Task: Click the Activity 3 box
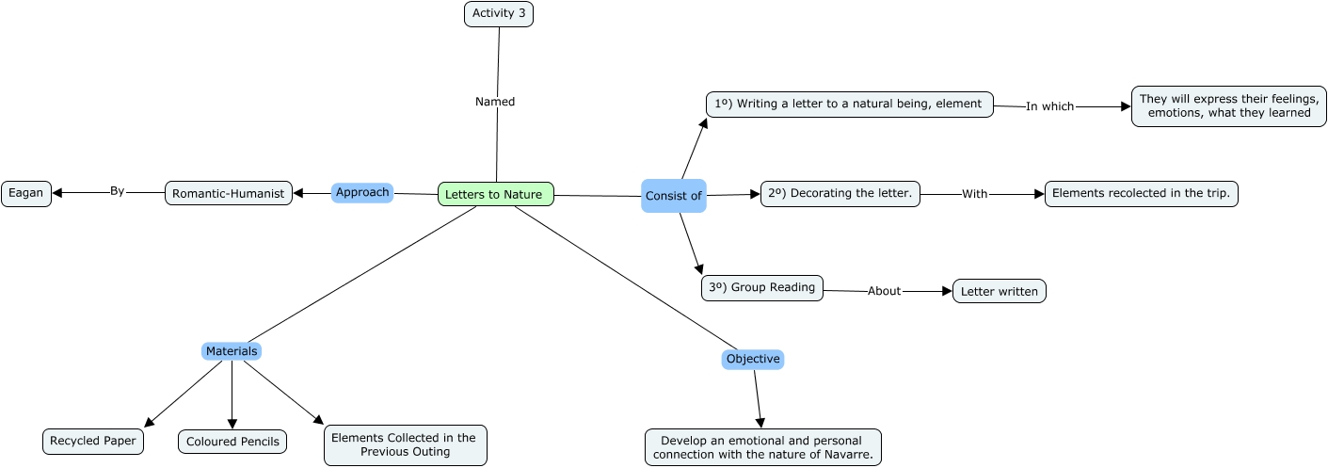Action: [x=499, y=13]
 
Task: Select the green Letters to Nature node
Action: [x=496, y=194]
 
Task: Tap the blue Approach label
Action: [x=362, y=193]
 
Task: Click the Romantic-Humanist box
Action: [x=229, y=193]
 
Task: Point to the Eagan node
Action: [x=26, y=193]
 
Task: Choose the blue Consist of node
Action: [x=674, y=196]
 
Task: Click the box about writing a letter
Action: [x=850, y=105]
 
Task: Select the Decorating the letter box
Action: [x=840, y=194]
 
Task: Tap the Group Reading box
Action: [x=762, y=288]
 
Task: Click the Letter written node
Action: [x=1000, y=291]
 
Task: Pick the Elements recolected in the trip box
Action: [x=1142, y=194]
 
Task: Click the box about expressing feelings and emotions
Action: [x=1229, y=106]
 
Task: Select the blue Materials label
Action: [x=232, y=351]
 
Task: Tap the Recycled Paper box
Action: [x=93, y=442]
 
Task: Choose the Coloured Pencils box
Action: [x=232, y=442]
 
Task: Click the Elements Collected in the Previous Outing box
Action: [x=406, y=445]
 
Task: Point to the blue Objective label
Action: [x=753, y=360]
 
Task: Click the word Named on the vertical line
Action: [x=495, y=102]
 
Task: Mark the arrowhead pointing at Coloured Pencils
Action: [x=232, y=424]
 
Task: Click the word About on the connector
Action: [x=884, y=291]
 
